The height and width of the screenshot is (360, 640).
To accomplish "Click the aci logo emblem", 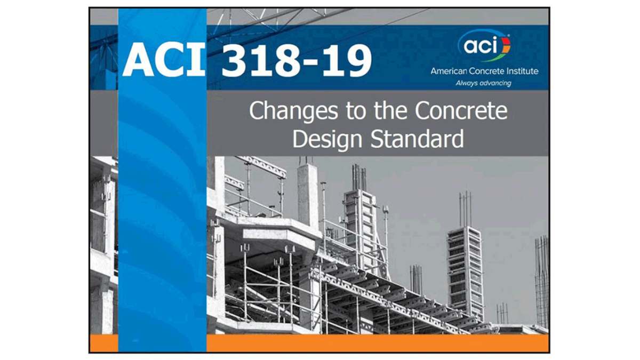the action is coord(485,46).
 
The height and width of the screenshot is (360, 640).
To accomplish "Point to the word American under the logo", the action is coord(446,71).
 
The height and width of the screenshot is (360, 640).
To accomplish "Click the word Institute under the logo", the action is coord(522,71).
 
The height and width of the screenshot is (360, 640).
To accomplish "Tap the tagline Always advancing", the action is coord(483,83).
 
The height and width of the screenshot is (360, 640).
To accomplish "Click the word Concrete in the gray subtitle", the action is coord(461,110).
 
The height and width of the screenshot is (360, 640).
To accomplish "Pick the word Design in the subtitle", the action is coord(327,140).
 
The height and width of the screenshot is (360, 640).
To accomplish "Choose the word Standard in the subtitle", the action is coord(417,139).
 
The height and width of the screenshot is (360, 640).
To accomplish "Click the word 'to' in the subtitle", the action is coord(356,111).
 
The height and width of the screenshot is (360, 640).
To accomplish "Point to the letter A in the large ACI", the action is coord(137,60).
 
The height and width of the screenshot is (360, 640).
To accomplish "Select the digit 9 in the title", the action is coord(358,60).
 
